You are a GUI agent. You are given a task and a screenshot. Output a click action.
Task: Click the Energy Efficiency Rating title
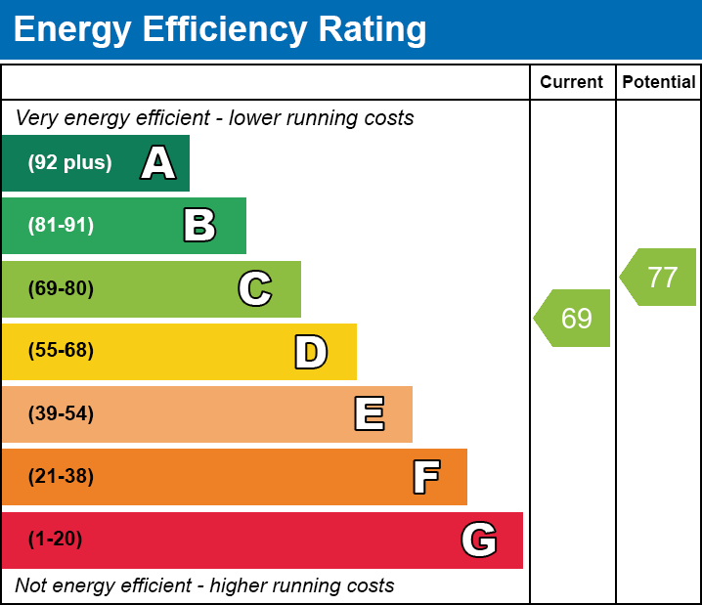(x=220, y=30)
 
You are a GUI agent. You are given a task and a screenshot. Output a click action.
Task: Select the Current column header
(x=572, y=83)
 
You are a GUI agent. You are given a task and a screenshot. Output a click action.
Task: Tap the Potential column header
(x=659, y=83)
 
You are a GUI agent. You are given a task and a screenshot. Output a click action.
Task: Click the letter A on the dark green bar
(x=158, y=163)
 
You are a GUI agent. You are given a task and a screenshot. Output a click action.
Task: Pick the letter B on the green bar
(x=199, y=226)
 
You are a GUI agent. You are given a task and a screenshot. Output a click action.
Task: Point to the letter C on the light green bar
(x=255, y=288)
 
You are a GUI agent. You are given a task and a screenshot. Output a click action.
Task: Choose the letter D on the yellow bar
(x=311, y=352)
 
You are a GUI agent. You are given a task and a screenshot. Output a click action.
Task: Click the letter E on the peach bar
(x=369, y=414)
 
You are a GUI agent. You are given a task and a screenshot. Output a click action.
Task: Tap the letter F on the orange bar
(x=425, y=477)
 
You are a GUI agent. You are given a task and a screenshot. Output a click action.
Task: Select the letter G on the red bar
(x=479, y=540)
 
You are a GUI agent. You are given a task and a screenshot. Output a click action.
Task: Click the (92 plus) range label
(x=69, y=163)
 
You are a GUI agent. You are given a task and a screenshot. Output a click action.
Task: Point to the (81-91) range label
(x=61, y=226)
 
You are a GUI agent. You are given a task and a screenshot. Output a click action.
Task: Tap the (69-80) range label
(x=61, y=289)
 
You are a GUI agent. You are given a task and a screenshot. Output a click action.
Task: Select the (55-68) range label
(x=61, y=351)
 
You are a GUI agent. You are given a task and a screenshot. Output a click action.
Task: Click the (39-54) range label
(x=61, y=414)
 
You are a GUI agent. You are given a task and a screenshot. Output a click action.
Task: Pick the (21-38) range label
(x=61, y=477)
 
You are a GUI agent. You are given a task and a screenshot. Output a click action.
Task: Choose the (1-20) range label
(x=56, y=540)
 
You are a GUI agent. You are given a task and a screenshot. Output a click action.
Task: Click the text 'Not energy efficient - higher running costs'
(x=205, y=586)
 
